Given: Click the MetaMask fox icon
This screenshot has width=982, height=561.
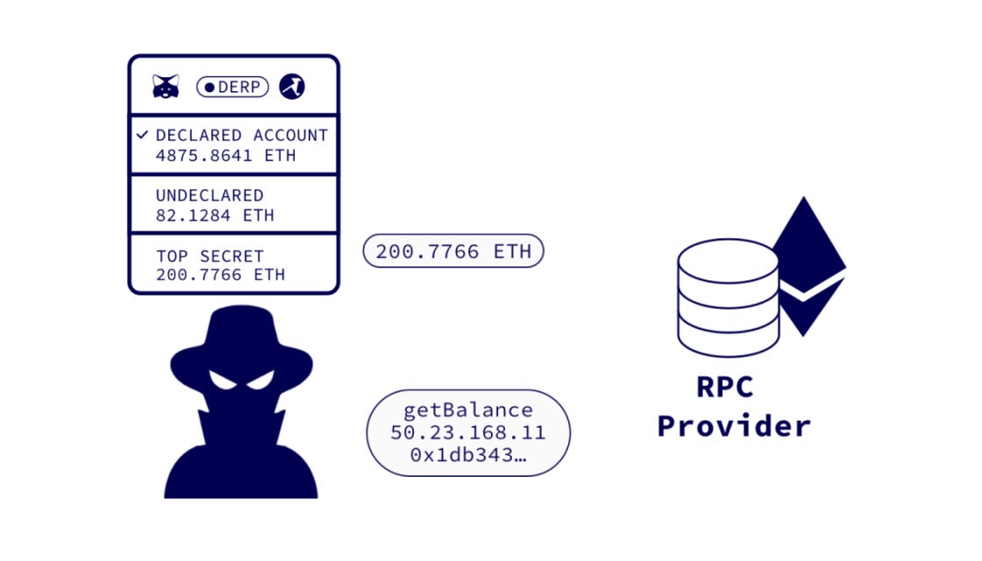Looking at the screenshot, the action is point(166,87).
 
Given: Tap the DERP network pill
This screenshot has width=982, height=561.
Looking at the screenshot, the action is point(232,87).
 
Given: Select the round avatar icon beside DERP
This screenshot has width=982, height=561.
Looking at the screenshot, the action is point(292,87).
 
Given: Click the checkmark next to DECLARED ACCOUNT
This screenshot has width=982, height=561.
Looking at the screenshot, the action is point(143,135).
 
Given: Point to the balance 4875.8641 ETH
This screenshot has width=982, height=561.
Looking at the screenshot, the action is point(225,155).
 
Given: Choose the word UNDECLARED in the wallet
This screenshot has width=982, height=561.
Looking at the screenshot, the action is point(209,195).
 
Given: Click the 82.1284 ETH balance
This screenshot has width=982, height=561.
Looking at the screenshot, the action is point(215,215).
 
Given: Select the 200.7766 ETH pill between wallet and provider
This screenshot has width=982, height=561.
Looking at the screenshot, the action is point(453,252).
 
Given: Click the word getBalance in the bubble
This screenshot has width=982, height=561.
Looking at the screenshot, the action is point(467,410).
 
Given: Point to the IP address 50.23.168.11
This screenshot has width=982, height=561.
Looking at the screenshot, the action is point(467,433).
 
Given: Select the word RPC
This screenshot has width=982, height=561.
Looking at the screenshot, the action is point(724,387).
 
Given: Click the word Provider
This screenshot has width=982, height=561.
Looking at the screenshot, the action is point(734,426).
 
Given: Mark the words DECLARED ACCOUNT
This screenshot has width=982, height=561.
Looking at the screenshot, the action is point(241,135).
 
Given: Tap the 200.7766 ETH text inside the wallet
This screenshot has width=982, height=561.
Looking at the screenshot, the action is point(220,274).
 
